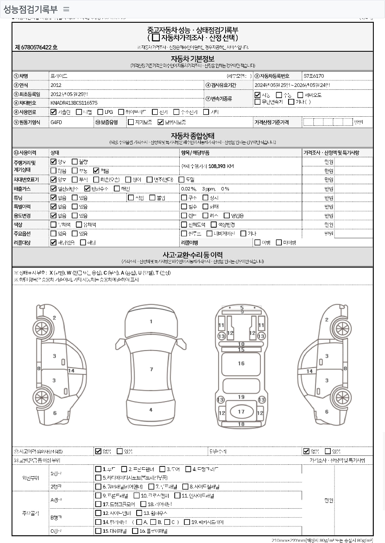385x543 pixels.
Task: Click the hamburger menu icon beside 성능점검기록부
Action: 66,9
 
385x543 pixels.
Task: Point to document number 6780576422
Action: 36,48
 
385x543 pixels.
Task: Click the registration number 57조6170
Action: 314,76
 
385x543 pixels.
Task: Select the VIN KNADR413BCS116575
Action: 74,103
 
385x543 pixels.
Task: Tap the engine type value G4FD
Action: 56,123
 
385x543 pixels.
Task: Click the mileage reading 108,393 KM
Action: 221,166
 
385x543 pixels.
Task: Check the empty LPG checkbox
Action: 100,112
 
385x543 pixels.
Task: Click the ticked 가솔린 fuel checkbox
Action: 53,112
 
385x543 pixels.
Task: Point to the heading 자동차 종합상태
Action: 192,135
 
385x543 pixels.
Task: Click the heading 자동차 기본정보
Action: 192,59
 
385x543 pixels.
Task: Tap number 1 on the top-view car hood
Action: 151,322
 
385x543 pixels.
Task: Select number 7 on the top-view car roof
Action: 151,369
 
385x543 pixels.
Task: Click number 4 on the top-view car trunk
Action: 151,410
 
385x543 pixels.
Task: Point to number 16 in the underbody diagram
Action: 241,363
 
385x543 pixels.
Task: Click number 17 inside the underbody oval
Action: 241,412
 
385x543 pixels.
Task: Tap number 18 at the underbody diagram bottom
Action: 241,424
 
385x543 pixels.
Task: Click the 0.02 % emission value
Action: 189,189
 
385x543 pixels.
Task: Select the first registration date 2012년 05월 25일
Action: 69,94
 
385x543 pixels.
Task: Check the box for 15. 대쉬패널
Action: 98,531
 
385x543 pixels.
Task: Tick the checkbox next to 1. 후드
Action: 98,469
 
